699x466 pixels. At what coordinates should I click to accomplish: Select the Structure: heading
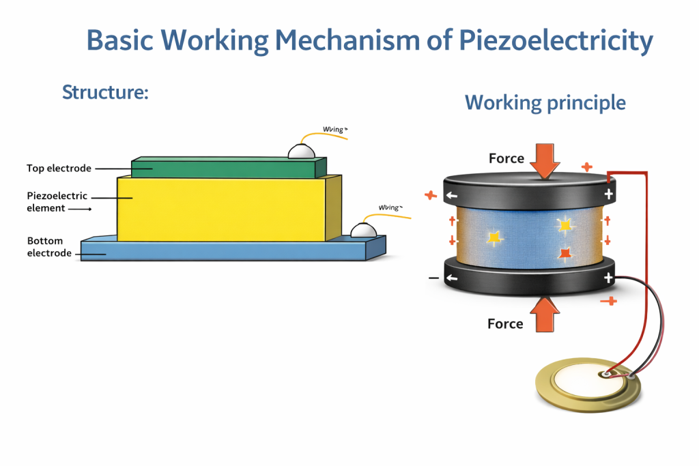[105, 91]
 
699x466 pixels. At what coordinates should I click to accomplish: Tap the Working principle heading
[545, 102]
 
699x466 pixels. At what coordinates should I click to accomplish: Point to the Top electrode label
[59, 168]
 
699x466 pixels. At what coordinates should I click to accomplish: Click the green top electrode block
[225, 168]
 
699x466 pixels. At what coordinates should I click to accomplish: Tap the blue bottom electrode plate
[225, 251]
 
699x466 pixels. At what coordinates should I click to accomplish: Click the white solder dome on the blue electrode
[364, 231]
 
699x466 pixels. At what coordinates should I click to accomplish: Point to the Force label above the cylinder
[507, 158]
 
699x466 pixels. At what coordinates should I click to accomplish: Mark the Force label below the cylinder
[505, 323]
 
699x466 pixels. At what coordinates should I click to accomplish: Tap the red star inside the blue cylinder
[565, 254]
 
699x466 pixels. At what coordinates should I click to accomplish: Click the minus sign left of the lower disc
[433, 278]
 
